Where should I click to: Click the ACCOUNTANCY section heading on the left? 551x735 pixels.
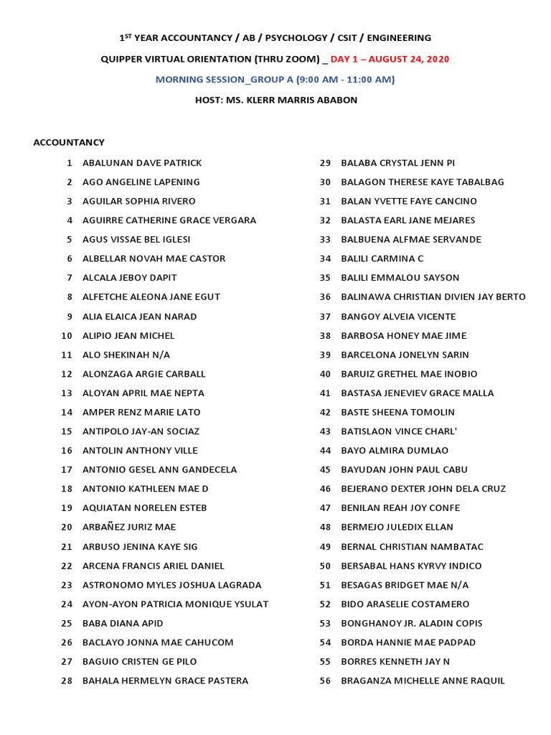[69, 142]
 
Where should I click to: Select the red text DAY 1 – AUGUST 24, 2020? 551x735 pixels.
[390, 59]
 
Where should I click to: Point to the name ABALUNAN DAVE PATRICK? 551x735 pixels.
[142, 163]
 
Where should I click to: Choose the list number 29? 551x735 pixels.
[325, 163]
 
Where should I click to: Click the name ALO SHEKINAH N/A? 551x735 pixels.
[126, 355]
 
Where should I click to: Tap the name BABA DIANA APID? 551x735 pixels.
[123, 623]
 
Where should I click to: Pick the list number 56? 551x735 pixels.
[325, 680]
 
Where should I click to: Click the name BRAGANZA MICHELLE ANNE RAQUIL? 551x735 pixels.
[423, 680]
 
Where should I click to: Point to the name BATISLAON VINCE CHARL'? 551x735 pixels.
[398, 431]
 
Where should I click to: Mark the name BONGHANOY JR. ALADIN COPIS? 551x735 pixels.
[411, 623]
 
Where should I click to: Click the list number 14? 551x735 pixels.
[67, 412]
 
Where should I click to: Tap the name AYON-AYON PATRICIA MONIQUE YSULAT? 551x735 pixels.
[175, 604]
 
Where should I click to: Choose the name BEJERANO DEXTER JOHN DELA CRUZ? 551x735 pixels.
[423, 489]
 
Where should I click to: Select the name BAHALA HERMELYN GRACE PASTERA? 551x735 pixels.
[165, 680]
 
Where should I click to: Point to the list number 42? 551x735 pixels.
[325, 412]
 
